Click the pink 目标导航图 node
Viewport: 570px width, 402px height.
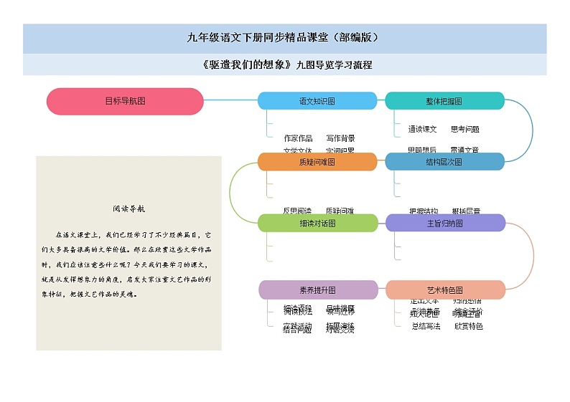pos(125,101)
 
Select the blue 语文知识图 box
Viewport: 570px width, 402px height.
pos(317,101)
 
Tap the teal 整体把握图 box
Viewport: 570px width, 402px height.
pos(444,101)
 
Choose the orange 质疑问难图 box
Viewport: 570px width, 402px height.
pos(317,162)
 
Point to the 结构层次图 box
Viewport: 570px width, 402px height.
pos(444,162)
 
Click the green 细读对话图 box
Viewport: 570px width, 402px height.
pos(317,223)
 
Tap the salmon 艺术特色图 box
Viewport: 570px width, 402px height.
pos(445,290)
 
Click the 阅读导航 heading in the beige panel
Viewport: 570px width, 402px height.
pos(129,209)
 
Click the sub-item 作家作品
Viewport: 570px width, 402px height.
pos(298,138)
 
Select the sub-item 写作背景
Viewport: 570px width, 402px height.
pos(340,138)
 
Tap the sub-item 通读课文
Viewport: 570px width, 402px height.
pos(423,130)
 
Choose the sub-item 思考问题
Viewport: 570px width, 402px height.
pos(465,130)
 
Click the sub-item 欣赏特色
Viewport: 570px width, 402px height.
pos(468,326)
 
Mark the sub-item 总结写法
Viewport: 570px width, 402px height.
pos(426,326)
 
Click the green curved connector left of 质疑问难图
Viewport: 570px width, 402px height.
pos(230,192)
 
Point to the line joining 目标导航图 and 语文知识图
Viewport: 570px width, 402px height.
pos(230,101)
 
